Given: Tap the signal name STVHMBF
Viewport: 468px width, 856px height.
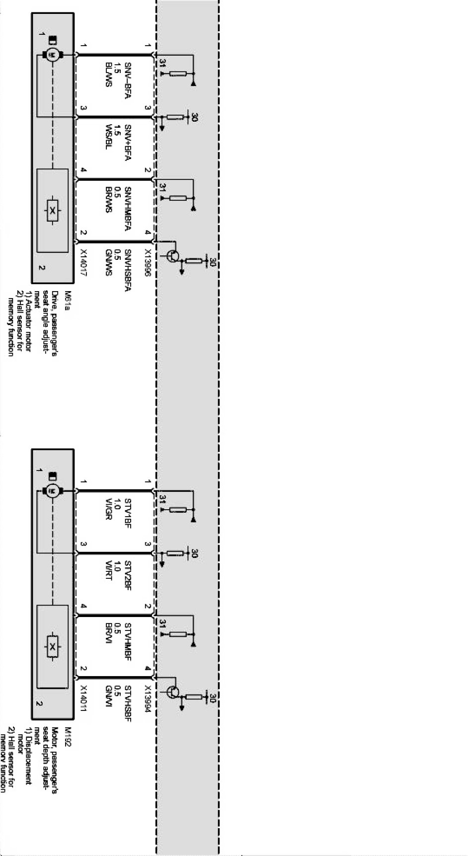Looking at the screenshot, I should (x=128, y=641).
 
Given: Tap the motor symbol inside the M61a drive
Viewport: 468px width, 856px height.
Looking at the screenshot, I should (x=52, y=54).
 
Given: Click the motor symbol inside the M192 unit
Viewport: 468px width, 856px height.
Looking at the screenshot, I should (x=52, y=491).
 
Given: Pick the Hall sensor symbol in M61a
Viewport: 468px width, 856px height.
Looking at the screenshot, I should (x=52, y=211).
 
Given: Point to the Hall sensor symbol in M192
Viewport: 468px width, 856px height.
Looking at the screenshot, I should (x=52, y=647).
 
